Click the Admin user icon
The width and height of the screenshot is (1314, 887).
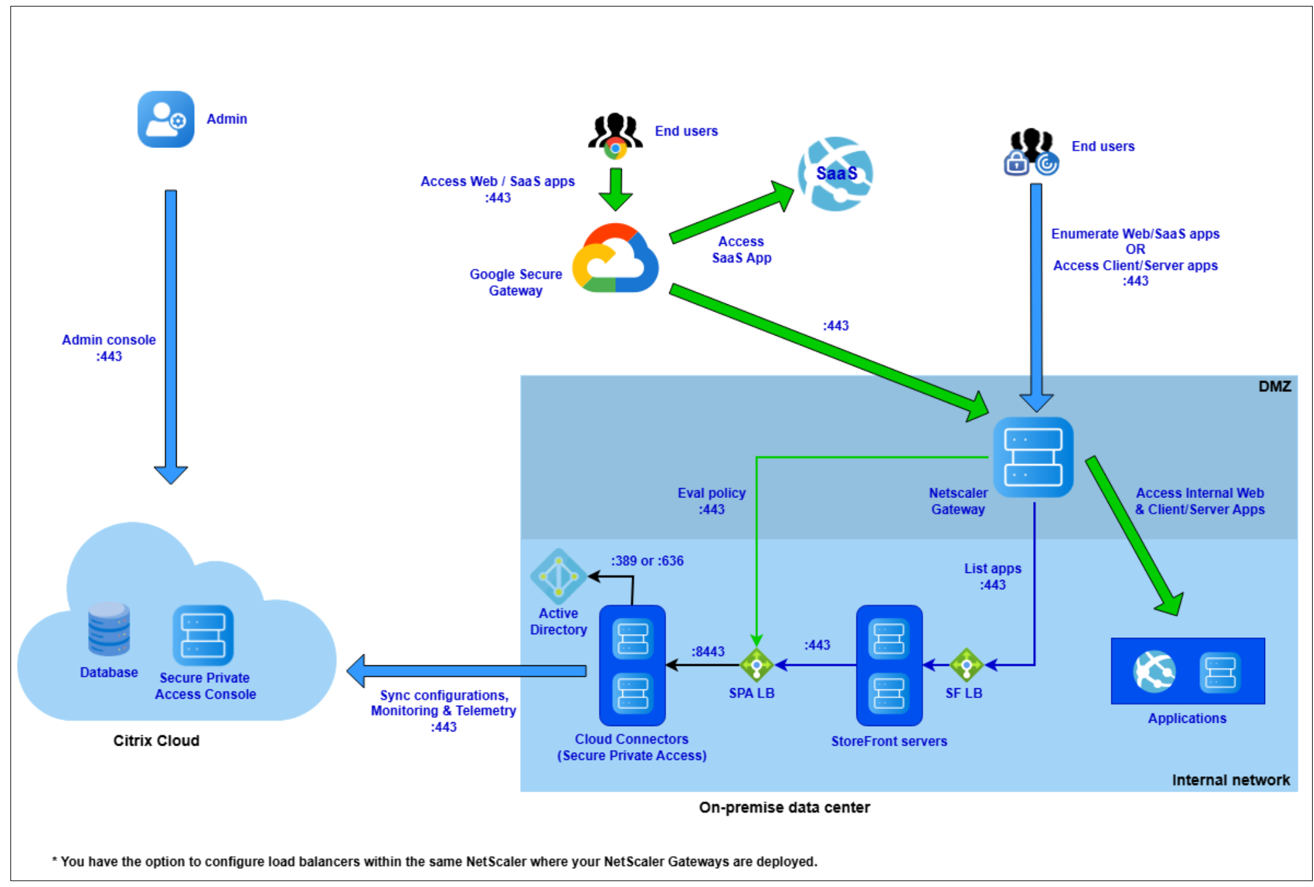pyautogui.click(x=166, y=119)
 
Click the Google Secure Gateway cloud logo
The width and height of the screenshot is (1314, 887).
pyautogui.click(x=615, y=259)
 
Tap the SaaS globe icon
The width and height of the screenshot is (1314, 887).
pyautogui.click(x=836, y=173)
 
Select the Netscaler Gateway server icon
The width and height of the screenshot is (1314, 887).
pyautogui.click(x=1033, y=457)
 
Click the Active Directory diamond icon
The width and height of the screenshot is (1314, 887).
pyautogui.click(x=559, y=576)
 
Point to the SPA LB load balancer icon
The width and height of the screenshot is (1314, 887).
pyautogui.click(x=756, y=665)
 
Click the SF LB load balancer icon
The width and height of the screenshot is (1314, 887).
pyautogui.click(x=967, y=665)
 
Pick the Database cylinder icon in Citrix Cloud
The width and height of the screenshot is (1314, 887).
pyautogui.click(x=109, y=629)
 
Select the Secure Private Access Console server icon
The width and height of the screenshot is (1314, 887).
pyautogui.click(x=203, y=635)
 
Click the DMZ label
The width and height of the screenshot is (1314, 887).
pyautogui.click(x=1274, y=386)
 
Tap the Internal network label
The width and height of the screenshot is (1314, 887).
pyautogui.click(x=1231, y=780)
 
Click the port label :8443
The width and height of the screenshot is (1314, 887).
pyautogui.click(x=708, y=651)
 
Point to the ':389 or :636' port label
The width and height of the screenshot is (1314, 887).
pyautogui.click(x=647, y=560)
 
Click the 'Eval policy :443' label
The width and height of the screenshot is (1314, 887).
pyautogui.click(x=711, y=501)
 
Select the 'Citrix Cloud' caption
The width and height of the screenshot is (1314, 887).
pyautogui.click(x=156, y=740)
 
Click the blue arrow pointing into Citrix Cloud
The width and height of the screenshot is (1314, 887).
pyautogui.click(x=466, y=671)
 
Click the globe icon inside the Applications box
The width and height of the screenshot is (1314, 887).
pyautogui.click(x=1154, y=671)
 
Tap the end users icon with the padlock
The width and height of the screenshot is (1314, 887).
pyautogui.click(x=1031, y=153)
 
